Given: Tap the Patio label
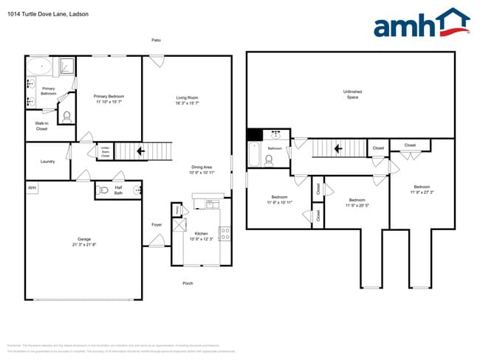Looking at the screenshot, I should tap(156, 40).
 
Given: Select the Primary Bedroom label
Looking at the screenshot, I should tap(109, 97).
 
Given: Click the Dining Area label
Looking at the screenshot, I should tap(202, 167).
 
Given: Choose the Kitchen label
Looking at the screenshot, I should tap(201, 233).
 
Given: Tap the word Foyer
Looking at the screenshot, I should tap(157, 225).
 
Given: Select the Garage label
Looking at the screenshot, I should tap(85, 239).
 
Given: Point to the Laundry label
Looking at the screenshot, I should tap(48, 161).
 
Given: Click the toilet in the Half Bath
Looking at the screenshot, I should tap(103, 190).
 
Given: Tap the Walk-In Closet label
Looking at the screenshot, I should tap(41, 126).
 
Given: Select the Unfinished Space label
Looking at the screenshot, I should tap(352, 94).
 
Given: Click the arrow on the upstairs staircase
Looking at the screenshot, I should tap(338, 148).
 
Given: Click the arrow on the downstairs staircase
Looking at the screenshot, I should tap(140, 152).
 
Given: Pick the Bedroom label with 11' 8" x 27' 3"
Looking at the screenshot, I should tap(421, 187).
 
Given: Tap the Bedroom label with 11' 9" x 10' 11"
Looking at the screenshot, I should tap(279, 197).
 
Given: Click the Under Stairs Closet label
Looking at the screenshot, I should tap(105, 152).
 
